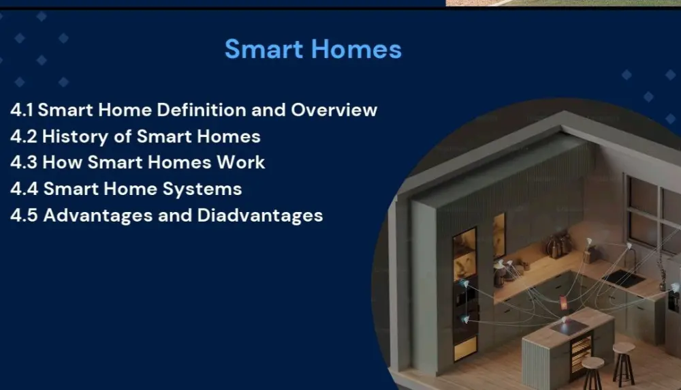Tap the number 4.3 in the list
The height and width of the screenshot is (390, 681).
pos(24,163)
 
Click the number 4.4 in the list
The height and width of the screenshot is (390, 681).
pos(24,189)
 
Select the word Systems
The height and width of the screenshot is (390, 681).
pos(208,189)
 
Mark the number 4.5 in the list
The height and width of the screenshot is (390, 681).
pos(24,215)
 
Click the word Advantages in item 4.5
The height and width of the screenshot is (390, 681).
pos(101,215)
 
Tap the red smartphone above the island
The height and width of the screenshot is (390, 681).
pos(563,303)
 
